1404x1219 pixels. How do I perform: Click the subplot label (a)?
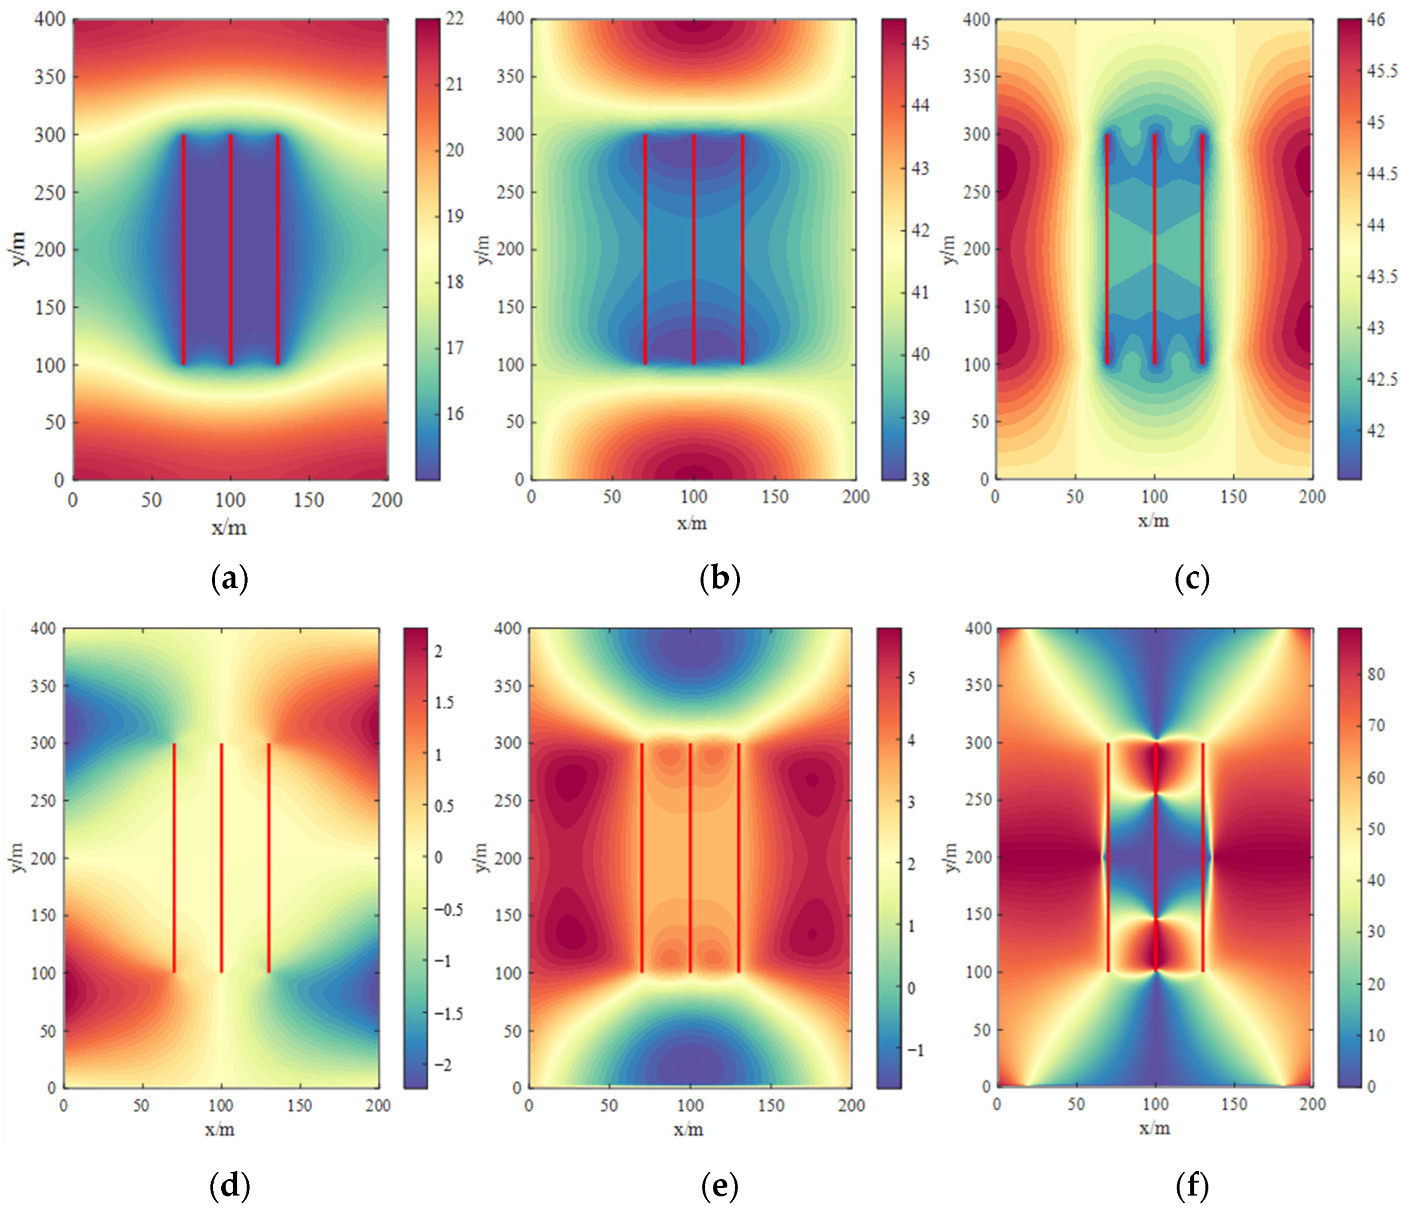coord(230,579)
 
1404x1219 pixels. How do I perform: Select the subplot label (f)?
coord(1192,1186)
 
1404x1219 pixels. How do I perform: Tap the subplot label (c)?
coord(1192,579)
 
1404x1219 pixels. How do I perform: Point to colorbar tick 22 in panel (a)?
coord(454,18)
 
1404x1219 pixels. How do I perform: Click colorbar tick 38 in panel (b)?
coord(921,480)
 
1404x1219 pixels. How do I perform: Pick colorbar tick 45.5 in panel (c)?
coord(1383,71)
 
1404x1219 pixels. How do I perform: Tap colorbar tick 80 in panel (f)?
coord(1376,674)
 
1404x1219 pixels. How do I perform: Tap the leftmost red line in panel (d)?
coord(174,858)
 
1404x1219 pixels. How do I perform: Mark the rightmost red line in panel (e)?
coord(739,858)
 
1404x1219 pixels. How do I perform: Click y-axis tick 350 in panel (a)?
coord(49,77)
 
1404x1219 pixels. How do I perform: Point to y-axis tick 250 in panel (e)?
coord(508,801)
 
